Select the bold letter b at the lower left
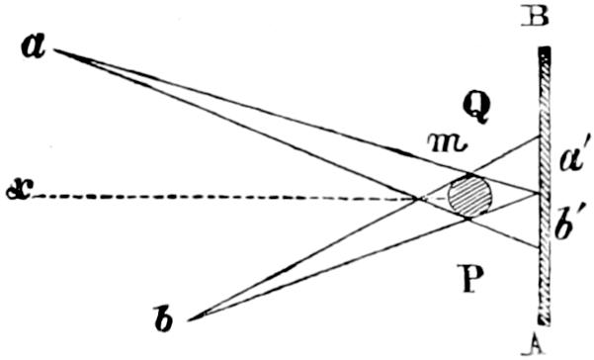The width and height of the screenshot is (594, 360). click(x=164, y=317)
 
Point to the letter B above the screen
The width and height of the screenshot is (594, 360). click(x=535, y=16)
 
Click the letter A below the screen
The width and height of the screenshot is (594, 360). click(x=534, y=345)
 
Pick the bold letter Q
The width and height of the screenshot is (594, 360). click(x=477, y=107)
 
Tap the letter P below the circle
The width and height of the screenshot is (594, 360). click(x=470, y=279)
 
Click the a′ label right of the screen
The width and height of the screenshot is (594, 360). click(x=573, y=158)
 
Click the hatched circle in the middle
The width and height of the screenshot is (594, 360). click(x=469, y=196)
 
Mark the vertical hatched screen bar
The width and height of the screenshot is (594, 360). click(x=545, y=186)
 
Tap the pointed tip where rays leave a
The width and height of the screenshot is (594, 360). click(x=55, y=50)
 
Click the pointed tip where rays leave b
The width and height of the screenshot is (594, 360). click(x=190, y=320)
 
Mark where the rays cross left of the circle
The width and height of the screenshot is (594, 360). click(x=417, y=198)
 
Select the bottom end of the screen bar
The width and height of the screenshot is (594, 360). click(x=545, y=322)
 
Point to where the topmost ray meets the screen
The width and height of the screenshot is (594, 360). click(x=539, y=135)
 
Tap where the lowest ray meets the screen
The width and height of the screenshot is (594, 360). click(x=539, y=247)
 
